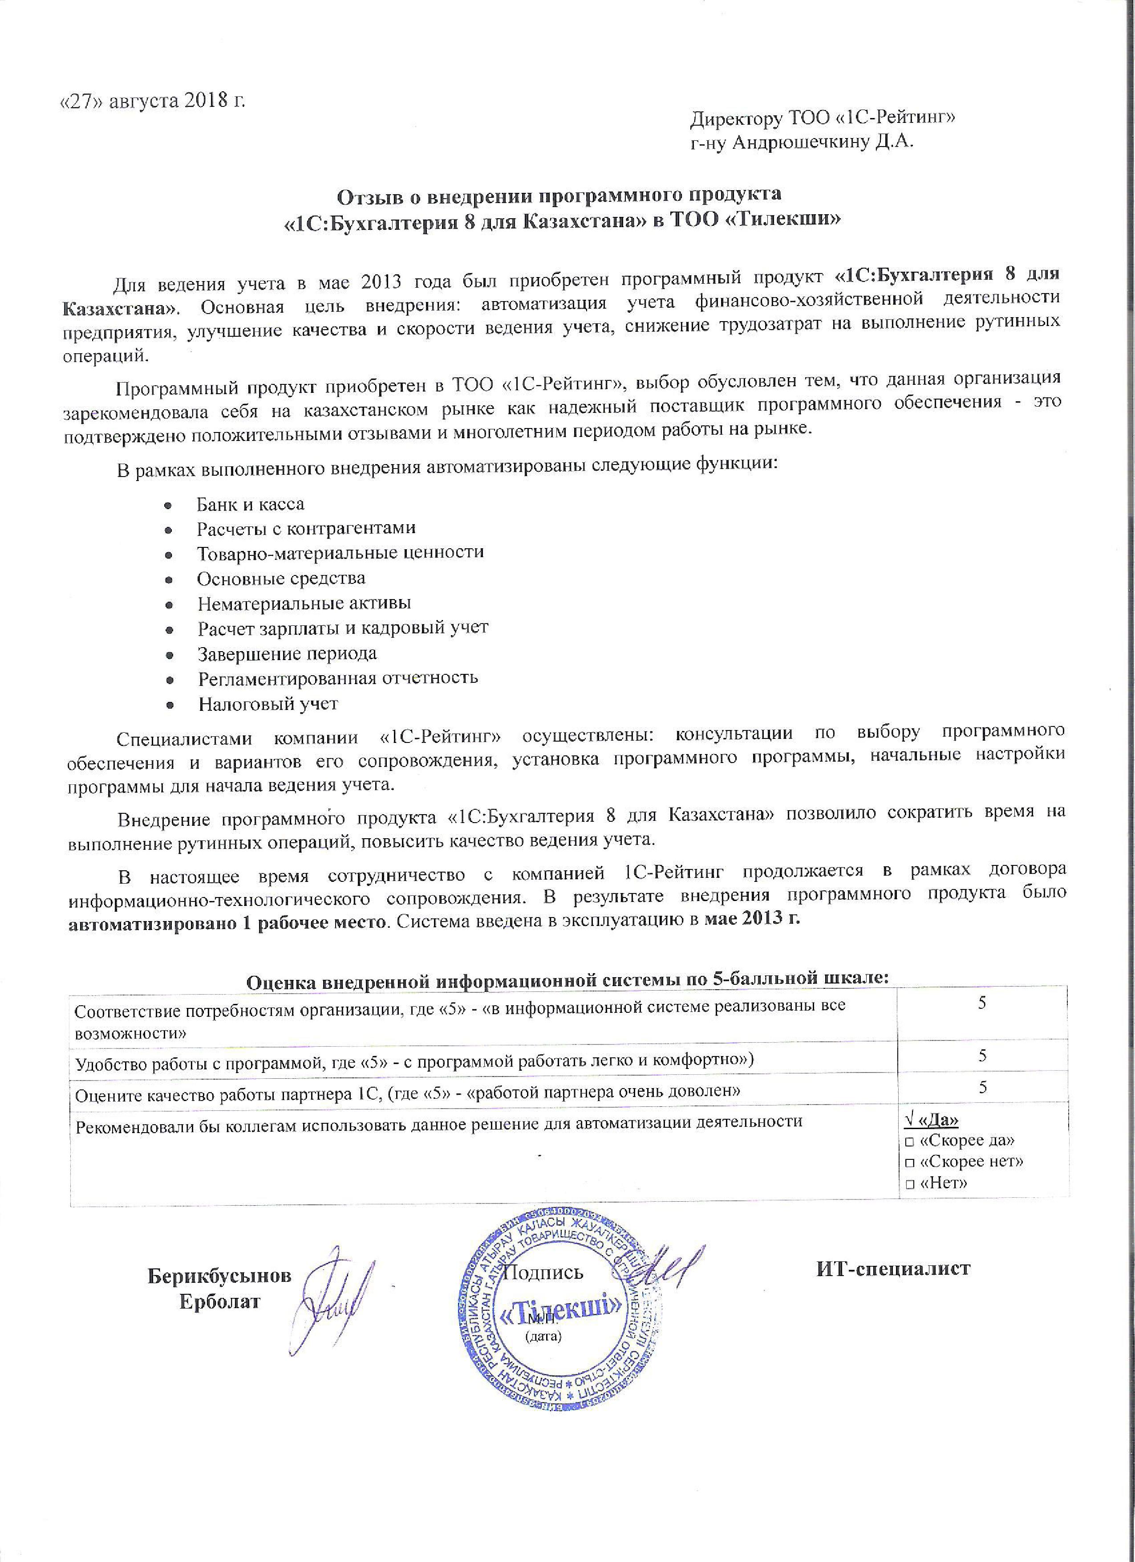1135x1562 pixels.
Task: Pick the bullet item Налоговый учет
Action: (268, 704)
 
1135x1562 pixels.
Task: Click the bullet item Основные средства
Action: (281, 578)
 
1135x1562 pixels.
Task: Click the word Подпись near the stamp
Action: (543, 1271)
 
